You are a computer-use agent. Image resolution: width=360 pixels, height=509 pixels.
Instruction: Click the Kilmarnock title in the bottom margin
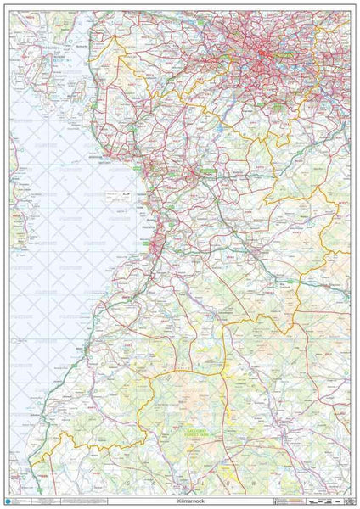[180, 501]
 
